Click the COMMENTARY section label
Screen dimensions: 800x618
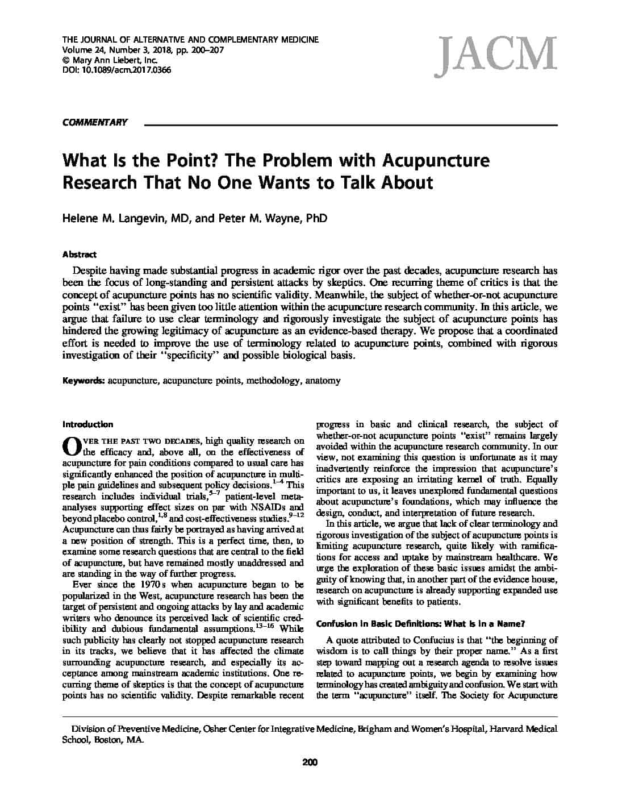(95, 122)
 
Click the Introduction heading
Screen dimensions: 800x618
(87, 424)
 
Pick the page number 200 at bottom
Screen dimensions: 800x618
(310, 763)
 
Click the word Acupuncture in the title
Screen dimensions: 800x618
(435, 160)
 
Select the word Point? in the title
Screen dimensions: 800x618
(189, 160)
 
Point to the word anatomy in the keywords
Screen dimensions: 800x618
(323, 381)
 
